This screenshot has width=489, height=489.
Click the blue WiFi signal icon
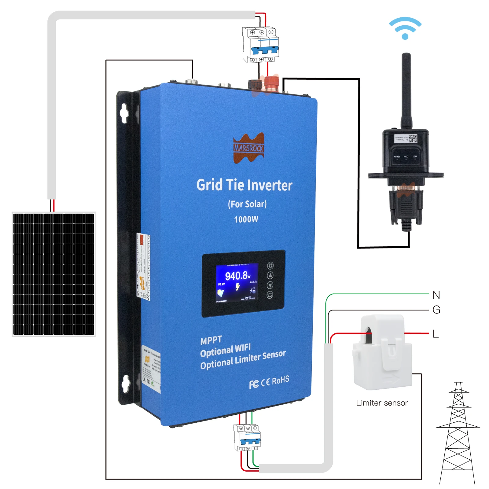(405, 28)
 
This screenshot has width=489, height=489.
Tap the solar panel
(53, 274)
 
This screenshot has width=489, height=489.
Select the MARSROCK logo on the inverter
(248, 148)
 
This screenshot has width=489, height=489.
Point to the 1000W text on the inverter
(246, 219)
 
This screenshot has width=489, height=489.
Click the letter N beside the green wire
(436, 295)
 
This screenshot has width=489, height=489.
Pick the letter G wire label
(436, 310)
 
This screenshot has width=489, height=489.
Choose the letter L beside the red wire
(436, 334)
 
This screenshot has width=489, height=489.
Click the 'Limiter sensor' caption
(382, 403)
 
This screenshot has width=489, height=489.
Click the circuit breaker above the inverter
(261, 45)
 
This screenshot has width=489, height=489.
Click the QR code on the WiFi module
(413, 138)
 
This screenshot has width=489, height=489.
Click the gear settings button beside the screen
(270, 265)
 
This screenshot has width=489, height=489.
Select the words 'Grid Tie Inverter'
(244, 185)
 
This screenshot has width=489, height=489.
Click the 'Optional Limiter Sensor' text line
(243, 359)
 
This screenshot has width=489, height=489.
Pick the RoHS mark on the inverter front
(280, 381)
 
